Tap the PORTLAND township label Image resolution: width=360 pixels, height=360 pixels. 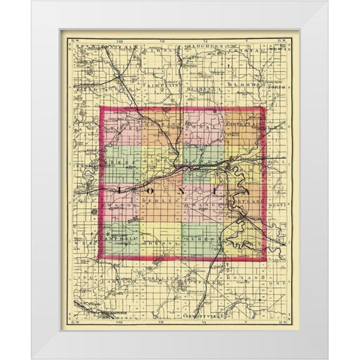click(x=240, y=203)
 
